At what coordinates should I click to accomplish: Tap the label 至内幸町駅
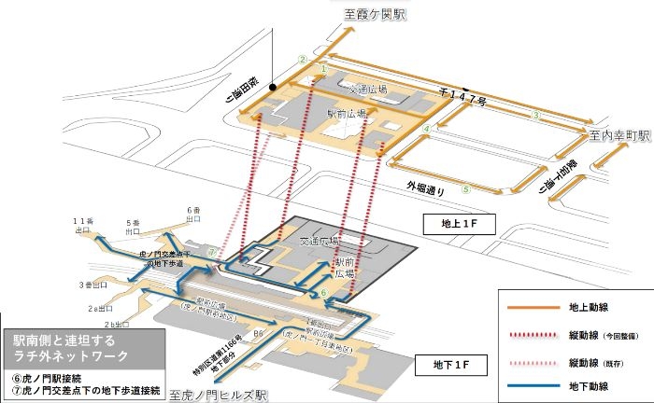(x=618, y=135)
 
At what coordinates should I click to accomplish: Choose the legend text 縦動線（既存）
(x=594, y=360)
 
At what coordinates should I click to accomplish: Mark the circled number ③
(x=536, y=115)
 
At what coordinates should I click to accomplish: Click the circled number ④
(x=426, y=129)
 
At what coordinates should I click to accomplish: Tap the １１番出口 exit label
(x=83, y=225)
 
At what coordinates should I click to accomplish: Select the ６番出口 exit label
(x=194, y=214)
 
